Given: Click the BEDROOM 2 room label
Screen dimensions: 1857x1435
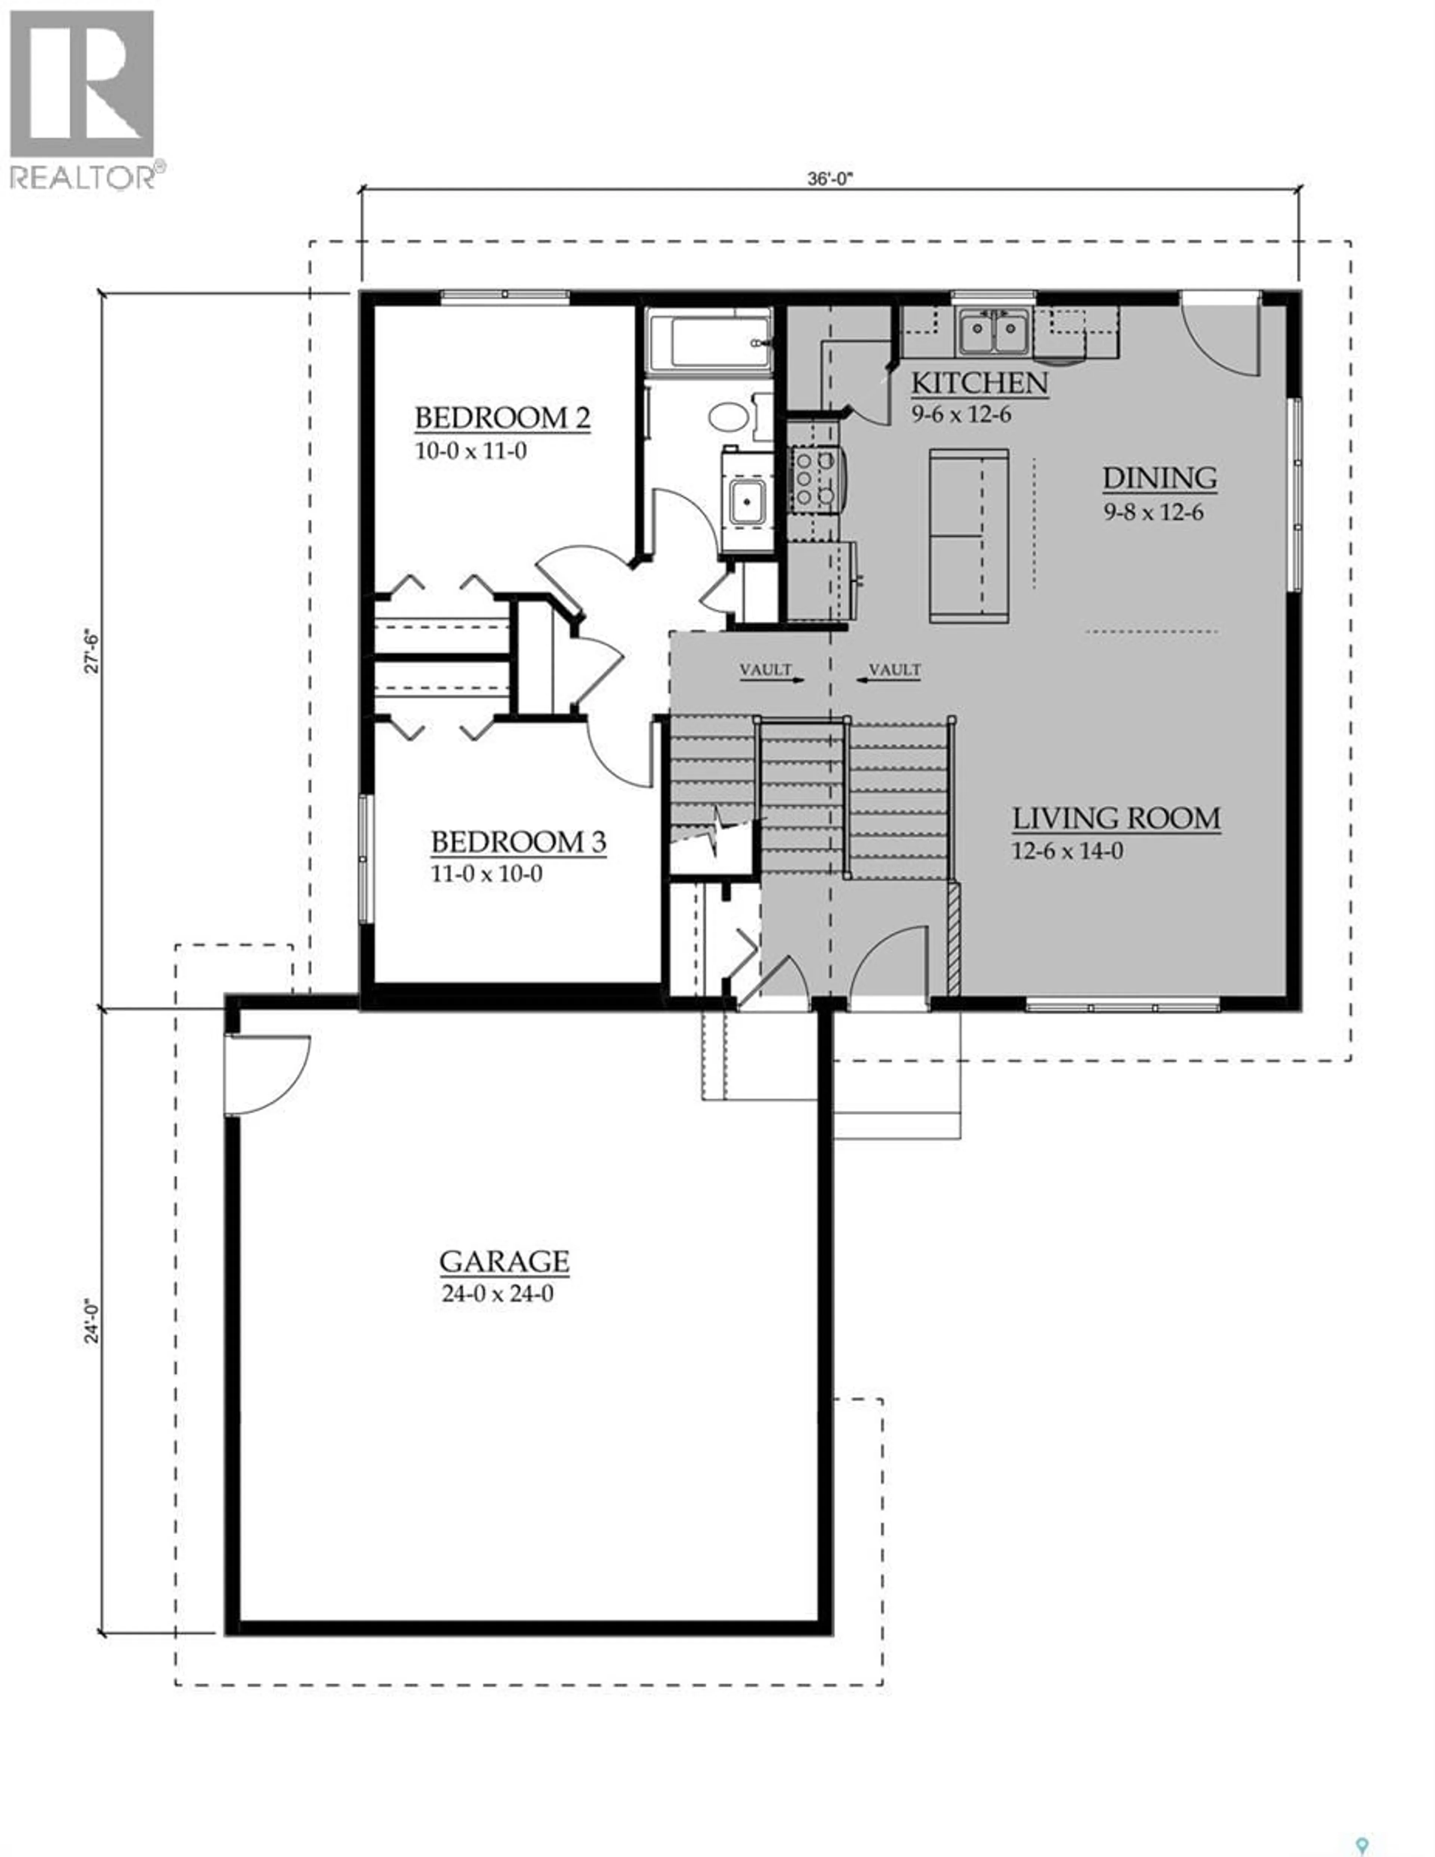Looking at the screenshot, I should [502, 418].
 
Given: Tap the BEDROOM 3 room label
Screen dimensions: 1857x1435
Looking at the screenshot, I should [518, 842].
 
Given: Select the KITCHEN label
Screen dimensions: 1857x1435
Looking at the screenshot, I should [979, 384].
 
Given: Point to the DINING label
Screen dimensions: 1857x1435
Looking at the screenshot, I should [1160, 479].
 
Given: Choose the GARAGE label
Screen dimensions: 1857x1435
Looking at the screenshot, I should [504, 1261].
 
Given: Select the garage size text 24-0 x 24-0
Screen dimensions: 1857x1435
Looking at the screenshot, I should [498, 1294].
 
